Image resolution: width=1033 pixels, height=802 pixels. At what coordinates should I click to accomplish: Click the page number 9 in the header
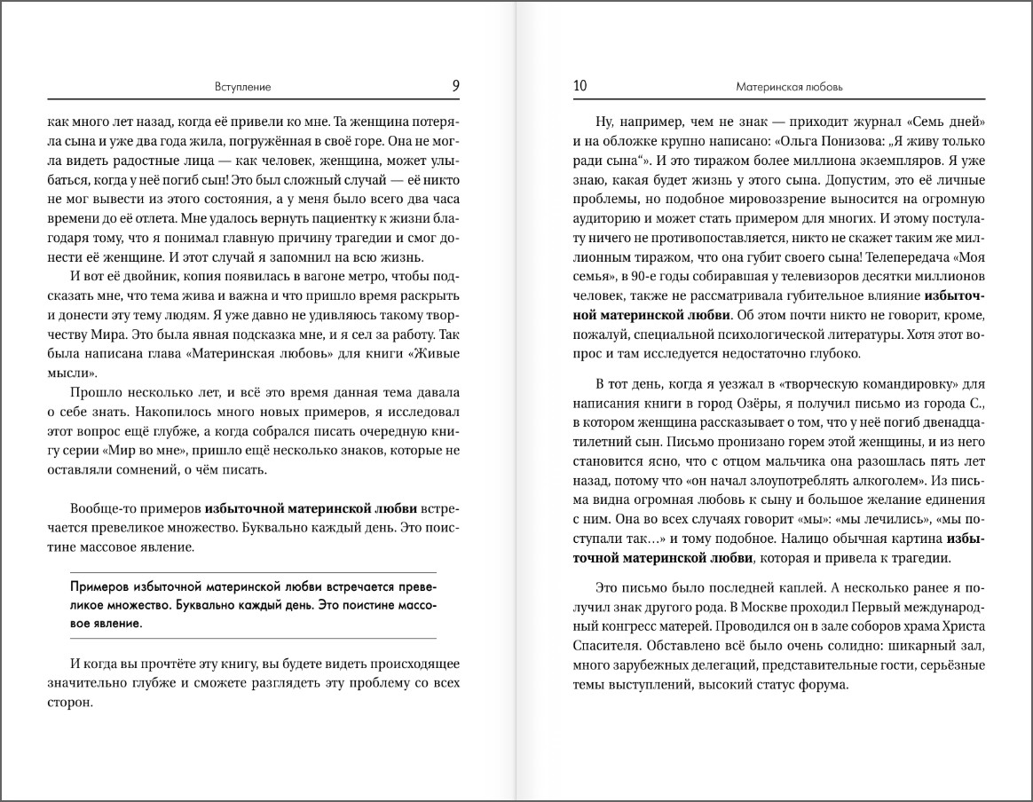(455, 86)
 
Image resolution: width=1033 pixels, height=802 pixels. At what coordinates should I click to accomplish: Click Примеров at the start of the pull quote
(99, 586)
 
